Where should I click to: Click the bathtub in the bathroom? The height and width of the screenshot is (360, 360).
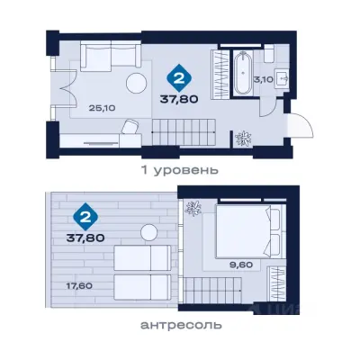pyautogui.click(x=244, y=74)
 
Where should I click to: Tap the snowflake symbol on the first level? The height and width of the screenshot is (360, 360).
pyautogui.click(x=242, y=139)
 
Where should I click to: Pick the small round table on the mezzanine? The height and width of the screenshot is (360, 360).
pyautogui.click(x=149, y=232)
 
